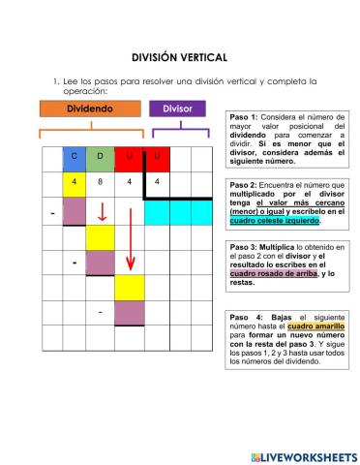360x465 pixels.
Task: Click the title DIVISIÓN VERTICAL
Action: pos(179,57)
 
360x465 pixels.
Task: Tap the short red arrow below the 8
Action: pos(102,212)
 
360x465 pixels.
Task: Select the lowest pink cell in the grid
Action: pos(129,314)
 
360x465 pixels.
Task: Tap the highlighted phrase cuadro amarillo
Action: pos(308,326)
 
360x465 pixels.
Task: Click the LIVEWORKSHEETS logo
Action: pos(302,455)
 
